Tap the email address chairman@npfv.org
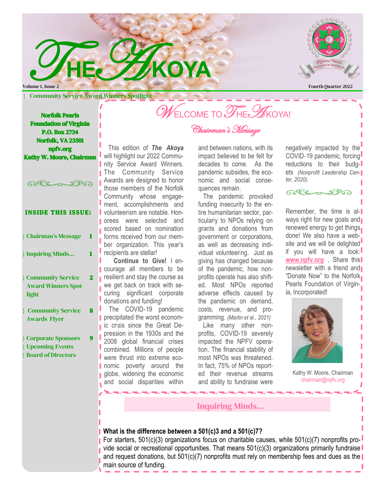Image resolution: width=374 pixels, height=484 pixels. [323, 380]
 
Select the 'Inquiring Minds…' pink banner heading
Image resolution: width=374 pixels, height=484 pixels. [230, 406]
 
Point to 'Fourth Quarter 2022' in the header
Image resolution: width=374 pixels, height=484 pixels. [330, 87]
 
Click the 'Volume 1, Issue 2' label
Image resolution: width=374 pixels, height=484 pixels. [41, 87]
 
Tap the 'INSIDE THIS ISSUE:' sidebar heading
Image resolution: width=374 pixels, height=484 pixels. [58, 213]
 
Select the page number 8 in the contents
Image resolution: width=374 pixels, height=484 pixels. [91, 311]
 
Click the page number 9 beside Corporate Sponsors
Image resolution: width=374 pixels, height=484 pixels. [91, 338]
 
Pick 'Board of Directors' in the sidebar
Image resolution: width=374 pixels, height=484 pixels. [51, 355]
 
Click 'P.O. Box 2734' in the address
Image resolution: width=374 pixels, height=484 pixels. [60, 132]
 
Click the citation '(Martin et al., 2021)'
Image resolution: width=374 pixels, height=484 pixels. [252, 318]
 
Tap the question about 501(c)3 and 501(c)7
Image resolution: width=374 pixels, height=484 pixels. [183, 431]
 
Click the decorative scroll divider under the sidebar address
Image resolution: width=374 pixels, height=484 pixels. [59, 183]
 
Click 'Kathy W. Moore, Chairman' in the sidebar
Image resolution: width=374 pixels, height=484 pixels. [60, 157]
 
